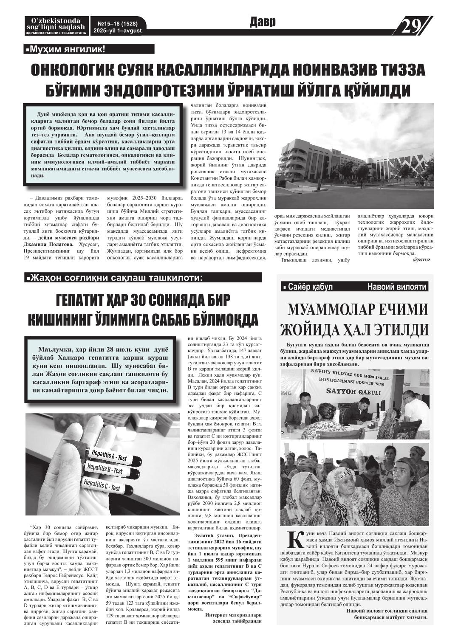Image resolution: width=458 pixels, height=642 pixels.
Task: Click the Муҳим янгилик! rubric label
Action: point(66,50)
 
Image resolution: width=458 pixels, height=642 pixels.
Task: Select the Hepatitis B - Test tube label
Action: point(105,469)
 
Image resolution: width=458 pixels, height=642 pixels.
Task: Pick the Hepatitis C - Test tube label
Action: point(102,485)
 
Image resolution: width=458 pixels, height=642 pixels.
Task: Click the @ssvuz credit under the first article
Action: point(421,259)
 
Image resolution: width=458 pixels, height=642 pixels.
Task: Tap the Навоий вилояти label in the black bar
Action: point(397,287)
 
